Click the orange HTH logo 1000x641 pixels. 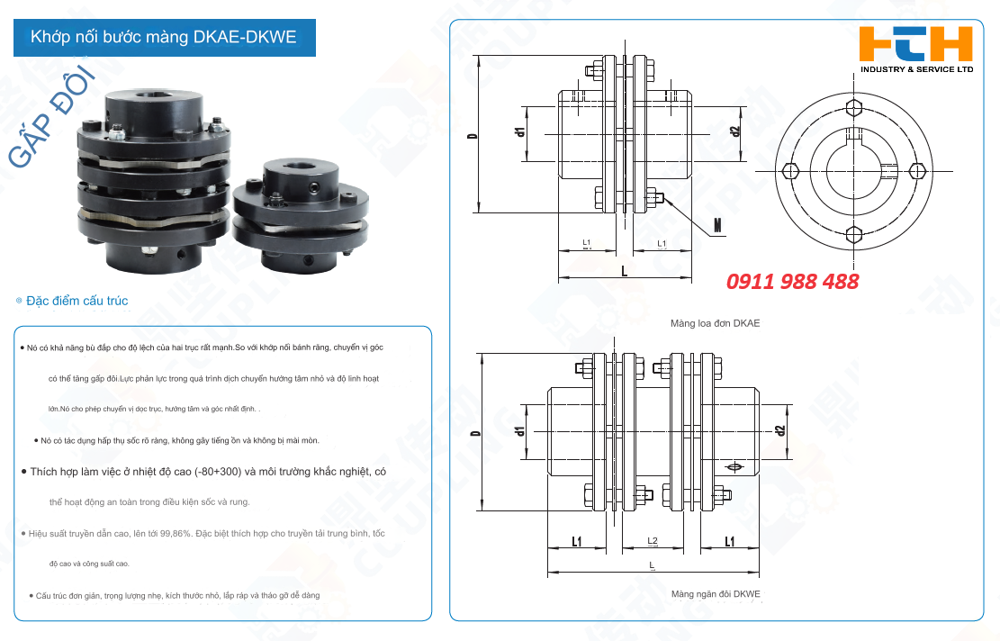point(915,43)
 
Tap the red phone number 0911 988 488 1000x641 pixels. point(793,281)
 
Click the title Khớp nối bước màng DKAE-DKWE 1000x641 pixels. point(163,37)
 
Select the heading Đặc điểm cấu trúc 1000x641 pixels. point(77,301)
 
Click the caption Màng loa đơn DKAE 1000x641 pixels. point(715,322)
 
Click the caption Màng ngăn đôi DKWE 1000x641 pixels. point(716,594)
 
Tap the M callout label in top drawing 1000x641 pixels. point(718,225)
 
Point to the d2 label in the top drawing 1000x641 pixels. point(735,131)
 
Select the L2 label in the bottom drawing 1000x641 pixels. point(653,541)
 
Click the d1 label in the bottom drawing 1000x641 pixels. point(520,430)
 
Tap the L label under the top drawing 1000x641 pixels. point(624,269)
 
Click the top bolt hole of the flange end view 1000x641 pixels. point(854,109)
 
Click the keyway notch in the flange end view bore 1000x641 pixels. point(854,136)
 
